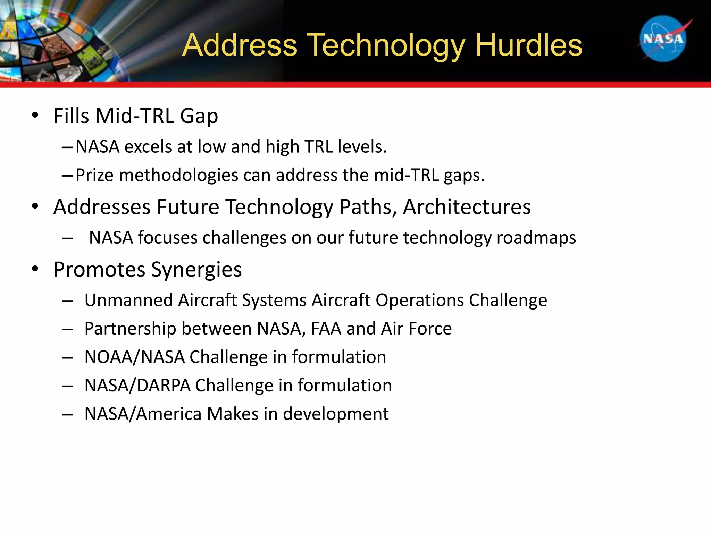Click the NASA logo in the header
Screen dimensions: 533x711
pyautogui.click(x=663, y=39)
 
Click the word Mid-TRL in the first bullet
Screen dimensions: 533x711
pyautogui.click(x=135, y=116)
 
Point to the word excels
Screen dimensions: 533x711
pyautogui.click(x=148, y=147)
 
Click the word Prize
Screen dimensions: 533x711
pyautogui.click(x=94, y=175)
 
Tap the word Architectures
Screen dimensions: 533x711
pyautogui.click(x=467, y=207)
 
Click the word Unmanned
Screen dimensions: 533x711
pyautogui.click(x=128, y=300)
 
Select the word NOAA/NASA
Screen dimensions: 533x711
pyautogui.click(x=134, y=357)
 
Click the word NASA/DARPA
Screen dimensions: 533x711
pyautogui.click(x=137, y=386)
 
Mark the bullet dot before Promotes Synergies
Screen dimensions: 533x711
pyautogui.click(x=35, y=269)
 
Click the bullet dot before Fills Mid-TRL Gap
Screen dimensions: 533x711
pyautogui.click(x=35, y=116)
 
